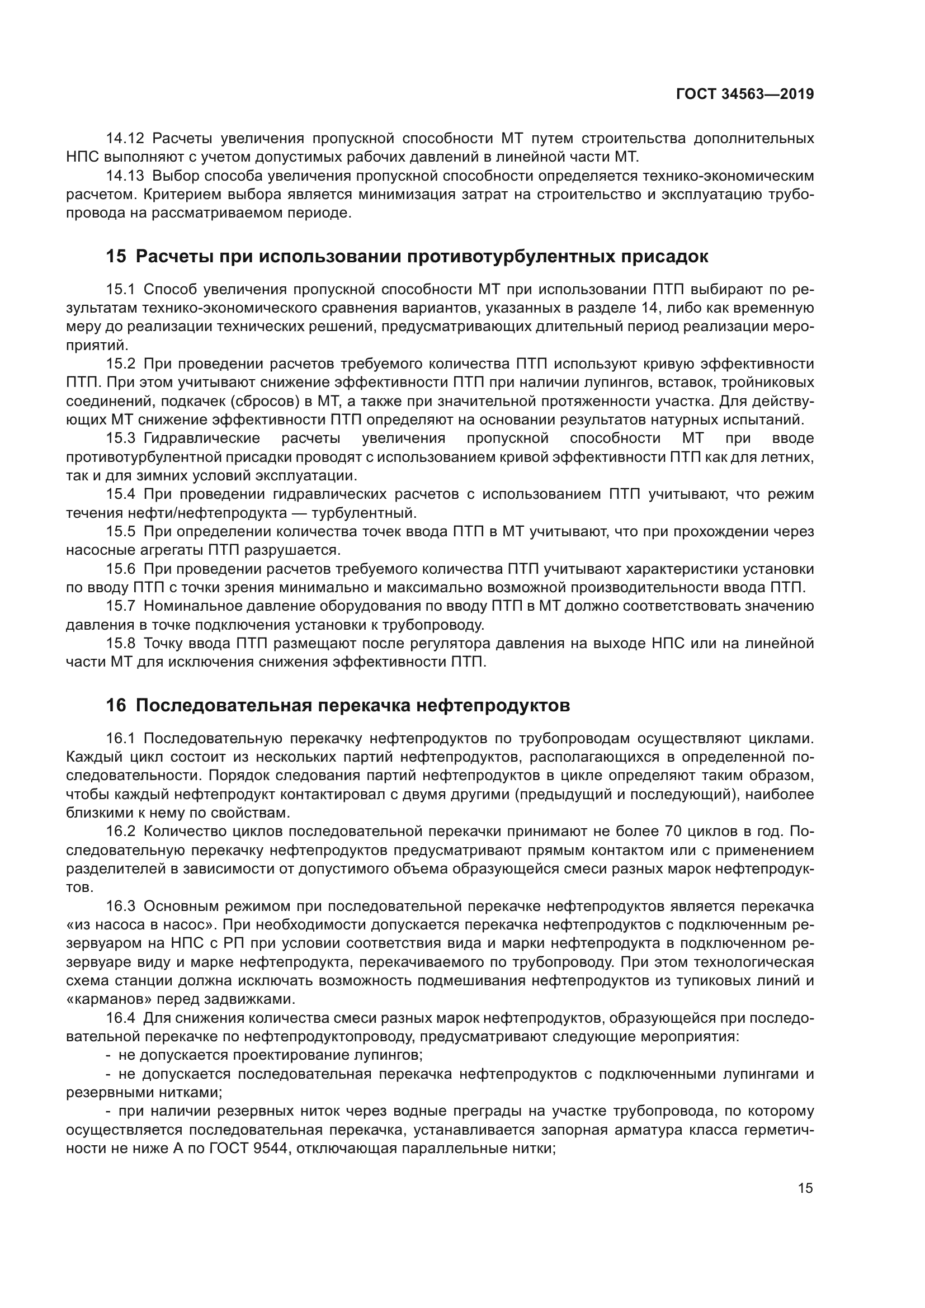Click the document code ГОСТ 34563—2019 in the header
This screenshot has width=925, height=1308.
point(744,95)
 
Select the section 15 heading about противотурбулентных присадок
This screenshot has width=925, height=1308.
point(407,256)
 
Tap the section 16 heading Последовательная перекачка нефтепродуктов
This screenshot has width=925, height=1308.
point(338,705)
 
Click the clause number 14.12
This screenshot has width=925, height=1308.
point(126,139)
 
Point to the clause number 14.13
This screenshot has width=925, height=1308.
point(126,176)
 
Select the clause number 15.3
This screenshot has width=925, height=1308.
point(121,438)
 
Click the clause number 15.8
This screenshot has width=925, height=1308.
point(121,644)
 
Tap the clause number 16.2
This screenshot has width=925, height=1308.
point(121,831)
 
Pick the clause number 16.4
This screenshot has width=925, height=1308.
point(121,1018)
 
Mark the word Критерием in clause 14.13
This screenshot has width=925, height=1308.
point(183,194)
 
